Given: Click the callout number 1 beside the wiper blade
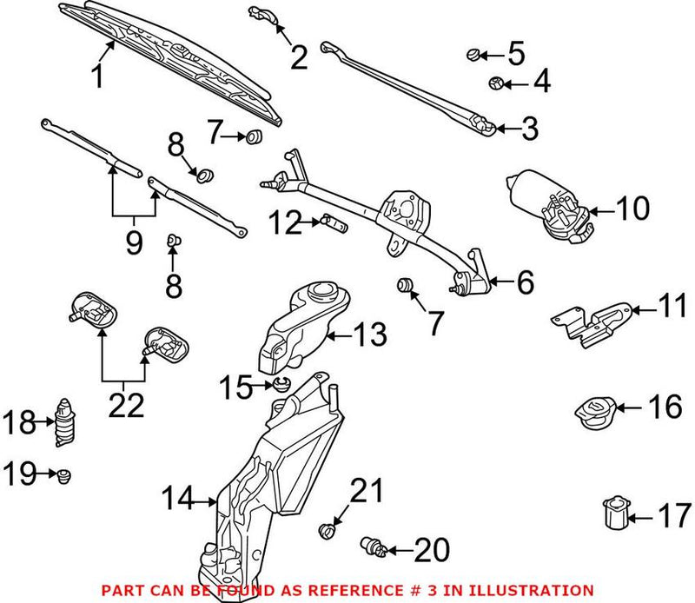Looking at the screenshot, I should click(x=99, y=76).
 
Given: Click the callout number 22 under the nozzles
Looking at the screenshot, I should click(x=127, y=404).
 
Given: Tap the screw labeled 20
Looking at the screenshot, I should click(x=374, y=547).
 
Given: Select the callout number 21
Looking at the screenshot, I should click(x=366, y=492).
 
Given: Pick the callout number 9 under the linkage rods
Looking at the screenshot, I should click(x=133, y=242).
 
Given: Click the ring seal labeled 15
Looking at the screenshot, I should click(x=281, y=384).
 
